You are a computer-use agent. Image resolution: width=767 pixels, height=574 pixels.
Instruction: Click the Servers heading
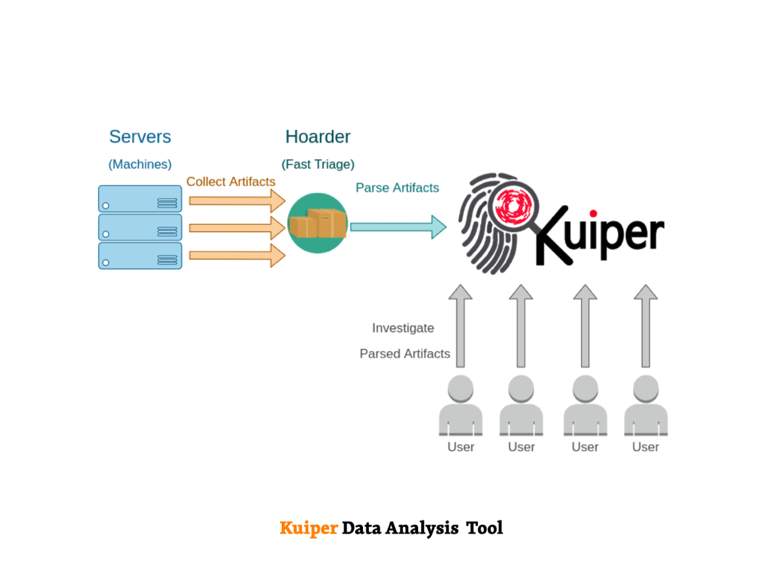140,137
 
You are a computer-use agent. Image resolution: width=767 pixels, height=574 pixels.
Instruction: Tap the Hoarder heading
318,137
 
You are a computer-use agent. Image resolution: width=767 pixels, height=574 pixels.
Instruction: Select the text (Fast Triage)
318,164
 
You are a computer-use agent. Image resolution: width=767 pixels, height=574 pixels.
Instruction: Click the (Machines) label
140,164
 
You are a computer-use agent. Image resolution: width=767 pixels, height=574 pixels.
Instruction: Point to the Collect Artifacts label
231,182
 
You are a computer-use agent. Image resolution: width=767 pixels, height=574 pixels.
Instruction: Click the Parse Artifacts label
397,188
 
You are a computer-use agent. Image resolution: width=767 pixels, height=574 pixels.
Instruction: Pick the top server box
140,199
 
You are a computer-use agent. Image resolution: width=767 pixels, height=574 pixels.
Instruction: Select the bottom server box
140,256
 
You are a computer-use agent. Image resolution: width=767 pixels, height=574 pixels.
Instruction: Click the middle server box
140,228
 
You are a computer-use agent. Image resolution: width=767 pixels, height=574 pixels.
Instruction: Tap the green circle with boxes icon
317,223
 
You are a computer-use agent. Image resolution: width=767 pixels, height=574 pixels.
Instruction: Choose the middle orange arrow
236,228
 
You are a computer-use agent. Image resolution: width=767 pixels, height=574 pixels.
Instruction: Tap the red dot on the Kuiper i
593,213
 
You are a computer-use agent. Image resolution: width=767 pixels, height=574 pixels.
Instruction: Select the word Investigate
403,328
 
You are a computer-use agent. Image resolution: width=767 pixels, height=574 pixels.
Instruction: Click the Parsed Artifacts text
405,353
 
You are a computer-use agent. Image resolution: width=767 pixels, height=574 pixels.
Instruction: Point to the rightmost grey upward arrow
646,326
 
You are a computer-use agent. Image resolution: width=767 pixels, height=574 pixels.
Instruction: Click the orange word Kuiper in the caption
309,528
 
